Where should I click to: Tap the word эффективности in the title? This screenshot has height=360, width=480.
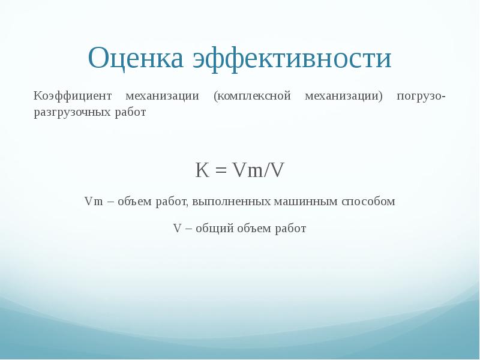(x=292, y=58)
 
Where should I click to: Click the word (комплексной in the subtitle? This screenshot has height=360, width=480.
(x=252, y=96)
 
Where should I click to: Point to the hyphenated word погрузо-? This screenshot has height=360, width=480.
(x=421, y=96)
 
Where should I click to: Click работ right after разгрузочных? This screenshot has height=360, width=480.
(x=130, y=112)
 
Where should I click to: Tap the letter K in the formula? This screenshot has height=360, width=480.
(x=202, y=171)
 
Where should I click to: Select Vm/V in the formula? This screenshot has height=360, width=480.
(x=258, y=171)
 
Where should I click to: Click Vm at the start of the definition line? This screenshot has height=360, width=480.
(x=92, y=202)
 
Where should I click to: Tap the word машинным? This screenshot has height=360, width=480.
(x=306, y=202)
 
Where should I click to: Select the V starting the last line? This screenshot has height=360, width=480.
(x=177, y=229)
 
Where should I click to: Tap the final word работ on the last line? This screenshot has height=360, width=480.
(x=291, y=229)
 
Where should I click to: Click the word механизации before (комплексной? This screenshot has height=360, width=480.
(x=161, y=96)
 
